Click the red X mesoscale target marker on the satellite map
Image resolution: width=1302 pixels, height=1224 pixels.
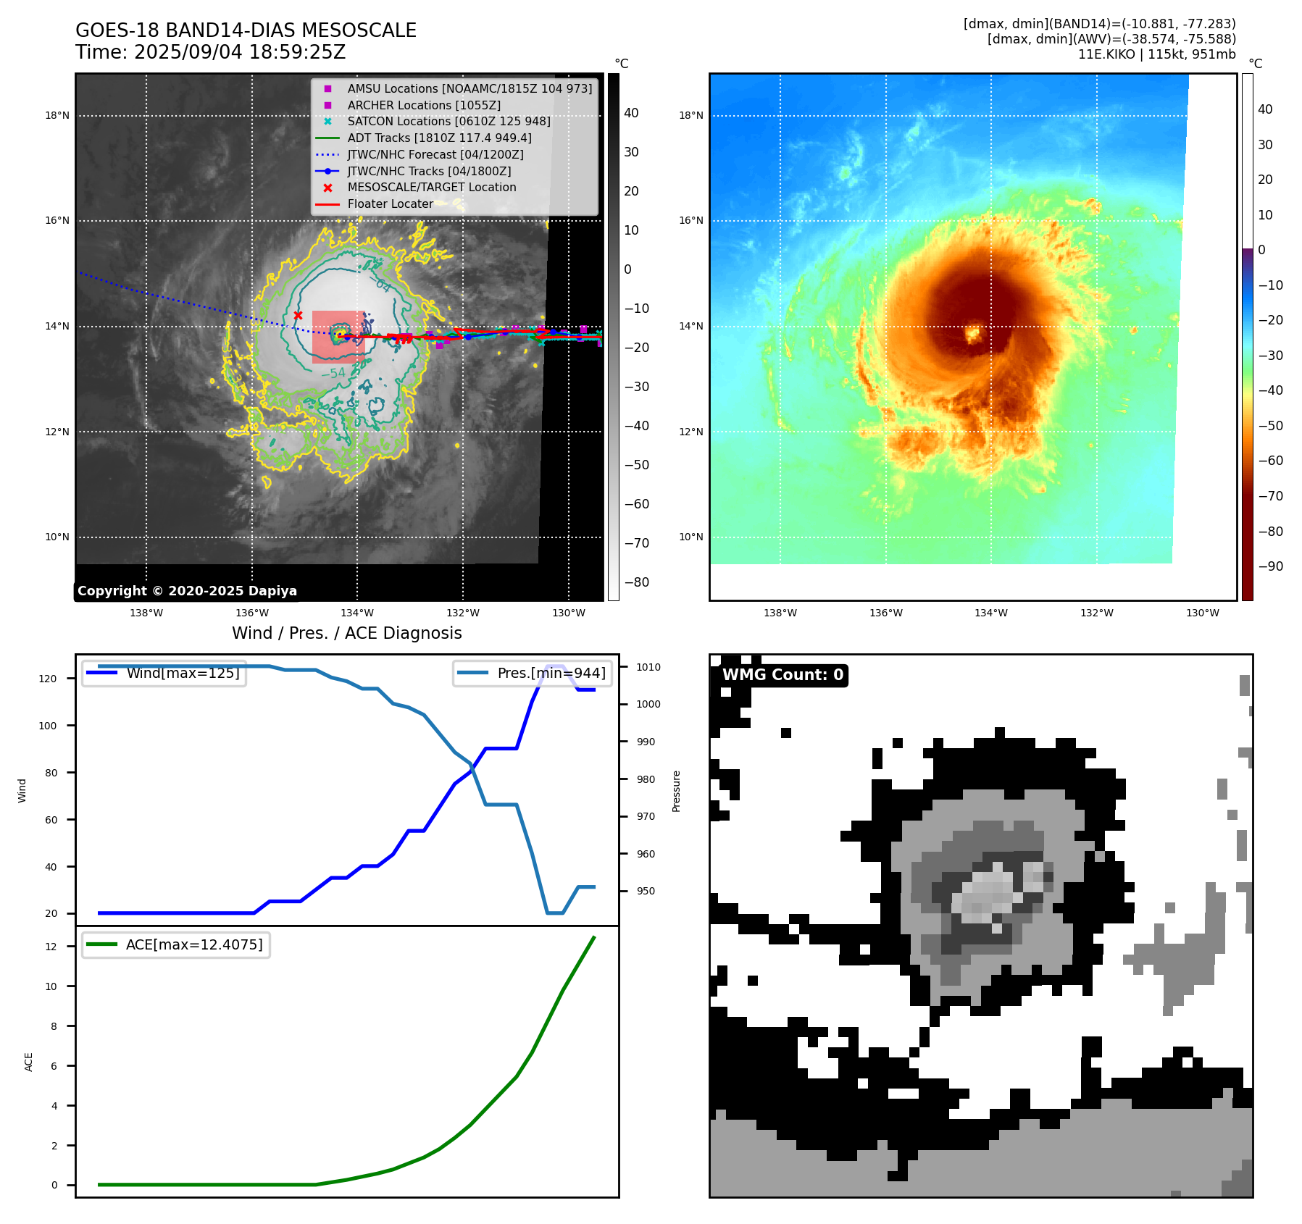[298, 315]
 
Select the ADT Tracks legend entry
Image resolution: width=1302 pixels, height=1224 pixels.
[439, 138]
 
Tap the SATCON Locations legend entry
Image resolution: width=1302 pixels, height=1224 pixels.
[448, 121]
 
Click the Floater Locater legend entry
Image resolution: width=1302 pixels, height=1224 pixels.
[390, 204]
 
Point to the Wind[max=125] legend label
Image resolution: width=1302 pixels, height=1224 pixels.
[183, 673]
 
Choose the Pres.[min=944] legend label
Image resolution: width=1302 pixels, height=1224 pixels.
[551, 673]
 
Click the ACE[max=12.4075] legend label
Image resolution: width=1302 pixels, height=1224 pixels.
[194, 944]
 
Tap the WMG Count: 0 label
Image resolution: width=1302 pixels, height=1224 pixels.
[783, 675]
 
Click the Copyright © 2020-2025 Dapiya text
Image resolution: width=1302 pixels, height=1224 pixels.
[187, 591]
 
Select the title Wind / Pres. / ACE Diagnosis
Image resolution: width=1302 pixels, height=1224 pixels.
[346, 633]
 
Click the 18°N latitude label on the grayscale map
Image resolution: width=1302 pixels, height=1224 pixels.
[57, 115]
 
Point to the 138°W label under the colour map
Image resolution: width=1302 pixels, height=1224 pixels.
[780, 613]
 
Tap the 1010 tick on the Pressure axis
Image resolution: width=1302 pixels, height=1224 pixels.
[648, 667]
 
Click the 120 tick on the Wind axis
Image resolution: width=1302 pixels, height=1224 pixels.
[48, 679]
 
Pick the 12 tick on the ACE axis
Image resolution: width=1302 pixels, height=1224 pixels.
[51, 947]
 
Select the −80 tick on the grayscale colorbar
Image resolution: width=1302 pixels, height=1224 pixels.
[636, 582]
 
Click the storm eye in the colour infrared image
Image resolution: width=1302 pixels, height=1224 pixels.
[972, 334]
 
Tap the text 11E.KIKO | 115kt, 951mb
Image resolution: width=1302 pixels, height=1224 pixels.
[1156, 54]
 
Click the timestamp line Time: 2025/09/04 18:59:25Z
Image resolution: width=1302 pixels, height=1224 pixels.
[210, 52]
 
